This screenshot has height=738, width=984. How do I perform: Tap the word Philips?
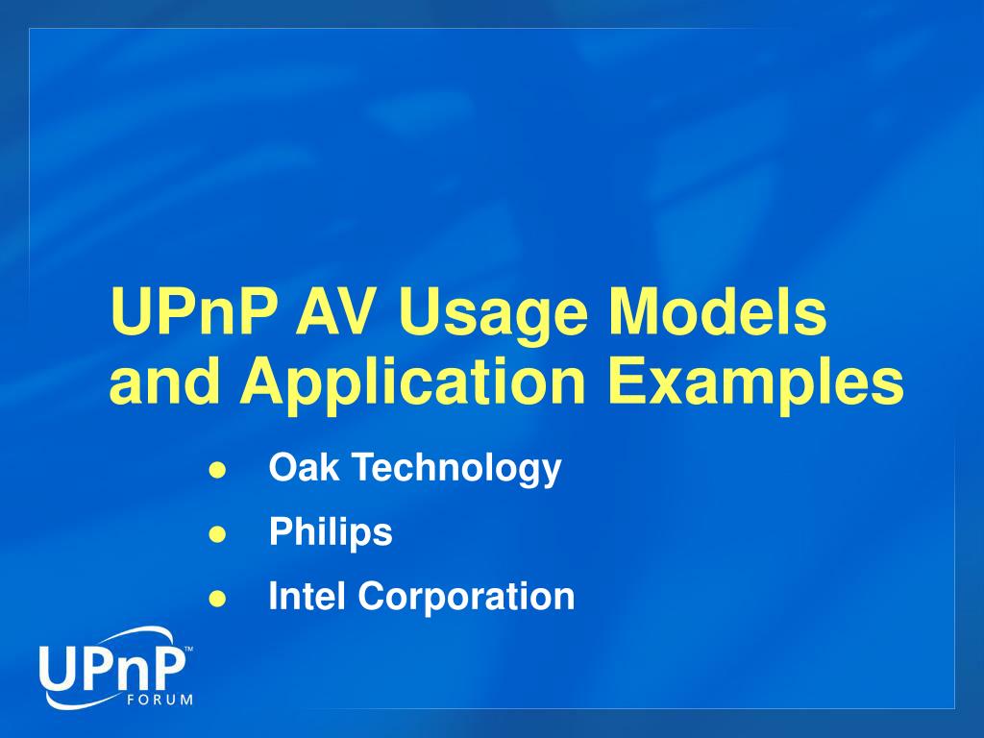point(331,532)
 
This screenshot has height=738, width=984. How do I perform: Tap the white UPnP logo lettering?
point(111,671)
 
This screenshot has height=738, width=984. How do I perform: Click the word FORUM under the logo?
point(160,700)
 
